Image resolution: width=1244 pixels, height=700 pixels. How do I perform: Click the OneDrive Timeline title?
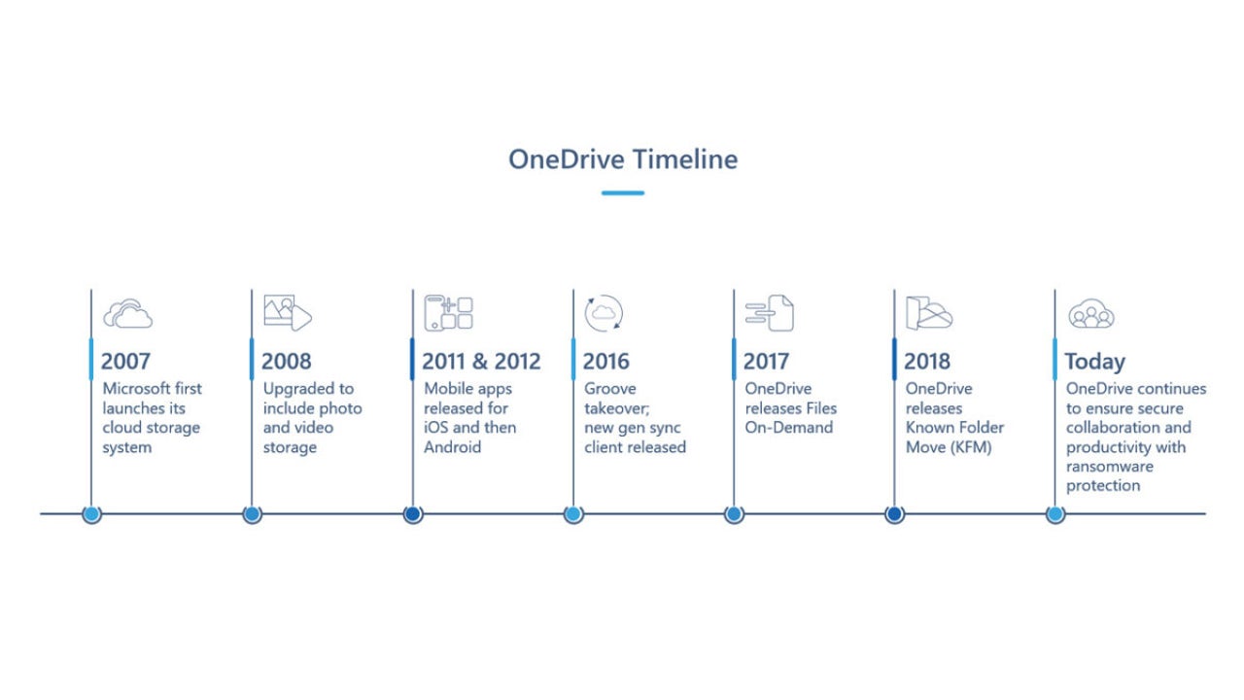click(622, 158)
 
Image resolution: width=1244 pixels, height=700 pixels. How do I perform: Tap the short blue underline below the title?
click(622, 192)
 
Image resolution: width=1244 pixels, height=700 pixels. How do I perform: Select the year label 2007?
click(125, 362)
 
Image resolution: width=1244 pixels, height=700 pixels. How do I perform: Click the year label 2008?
click(286, 362)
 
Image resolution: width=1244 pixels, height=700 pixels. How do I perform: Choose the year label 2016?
click(605, 362)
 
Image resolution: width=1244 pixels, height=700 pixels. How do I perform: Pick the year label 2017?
click(766, 362)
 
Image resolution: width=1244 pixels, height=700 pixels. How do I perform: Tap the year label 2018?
click(926, 362)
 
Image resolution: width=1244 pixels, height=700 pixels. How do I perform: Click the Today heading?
click(1094, 362)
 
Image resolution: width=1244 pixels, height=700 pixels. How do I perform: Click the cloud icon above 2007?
click(128, 314)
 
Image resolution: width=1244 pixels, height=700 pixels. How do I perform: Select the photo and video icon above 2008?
click(288, 313)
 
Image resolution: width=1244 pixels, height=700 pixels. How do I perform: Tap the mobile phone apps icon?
click(448, 313)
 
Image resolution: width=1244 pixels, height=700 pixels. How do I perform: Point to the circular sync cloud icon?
click(604, 313)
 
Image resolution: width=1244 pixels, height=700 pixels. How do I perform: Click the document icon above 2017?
click(770, 313)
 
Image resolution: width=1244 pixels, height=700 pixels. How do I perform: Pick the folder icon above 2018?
click(929, 313)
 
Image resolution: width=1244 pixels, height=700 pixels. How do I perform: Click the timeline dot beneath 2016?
click(573, 513)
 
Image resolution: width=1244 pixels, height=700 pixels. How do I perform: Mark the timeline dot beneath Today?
click(1054, 513)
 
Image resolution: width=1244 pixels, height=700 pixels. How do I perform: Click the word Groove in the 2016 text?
click(610, 389)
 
